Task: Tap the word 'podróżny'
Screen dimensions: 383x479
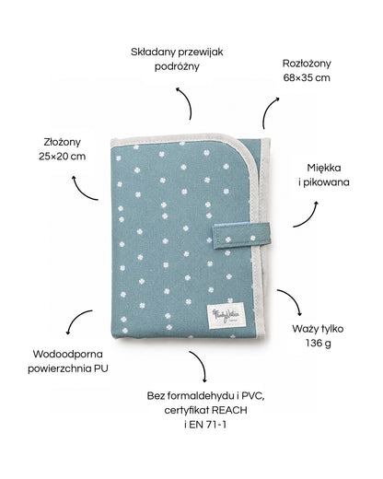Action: [x=177, y=66]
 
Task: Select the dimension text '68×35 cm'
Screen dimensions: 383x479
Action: [x=307, y=77]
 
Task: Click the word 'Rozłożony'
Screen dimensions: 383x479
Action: [x=307, y=64]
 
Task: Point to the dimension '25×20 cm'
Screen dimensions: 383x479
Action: [x=63, y=157]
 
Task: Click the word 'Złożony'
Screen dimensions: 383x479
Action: [x=63, y=142]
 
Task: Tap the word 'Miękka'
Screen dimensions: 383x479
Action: [x=324, y=168]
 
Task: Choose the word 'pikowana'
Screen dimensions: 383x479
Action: [x=326, y=182]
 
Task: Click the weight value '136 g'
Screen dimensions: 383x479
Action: [x=319, y=343]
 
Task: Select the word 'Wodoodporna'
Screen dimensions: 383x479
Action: [x=68, y=354]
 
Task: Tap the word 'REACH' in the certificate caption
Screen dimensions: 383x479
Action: [x=229, y=410]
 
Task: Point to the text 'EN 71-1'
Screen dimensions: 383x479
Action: [x=208, y=425]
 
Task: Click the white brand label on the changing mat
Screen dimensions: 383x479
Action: [x=227, y=315]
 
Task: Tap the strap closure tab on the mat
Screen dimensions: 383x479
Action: [x=242, y=236]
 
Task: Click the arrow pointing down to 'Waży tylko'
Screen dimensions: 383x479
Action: [x=294, y=298]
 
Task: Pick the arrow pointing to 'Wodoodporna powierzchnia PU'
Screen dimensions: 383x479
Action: [x=75, y=318]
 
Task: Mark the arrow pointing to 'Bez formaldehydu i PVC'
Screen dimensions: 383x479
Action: [x=201, y=362]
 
